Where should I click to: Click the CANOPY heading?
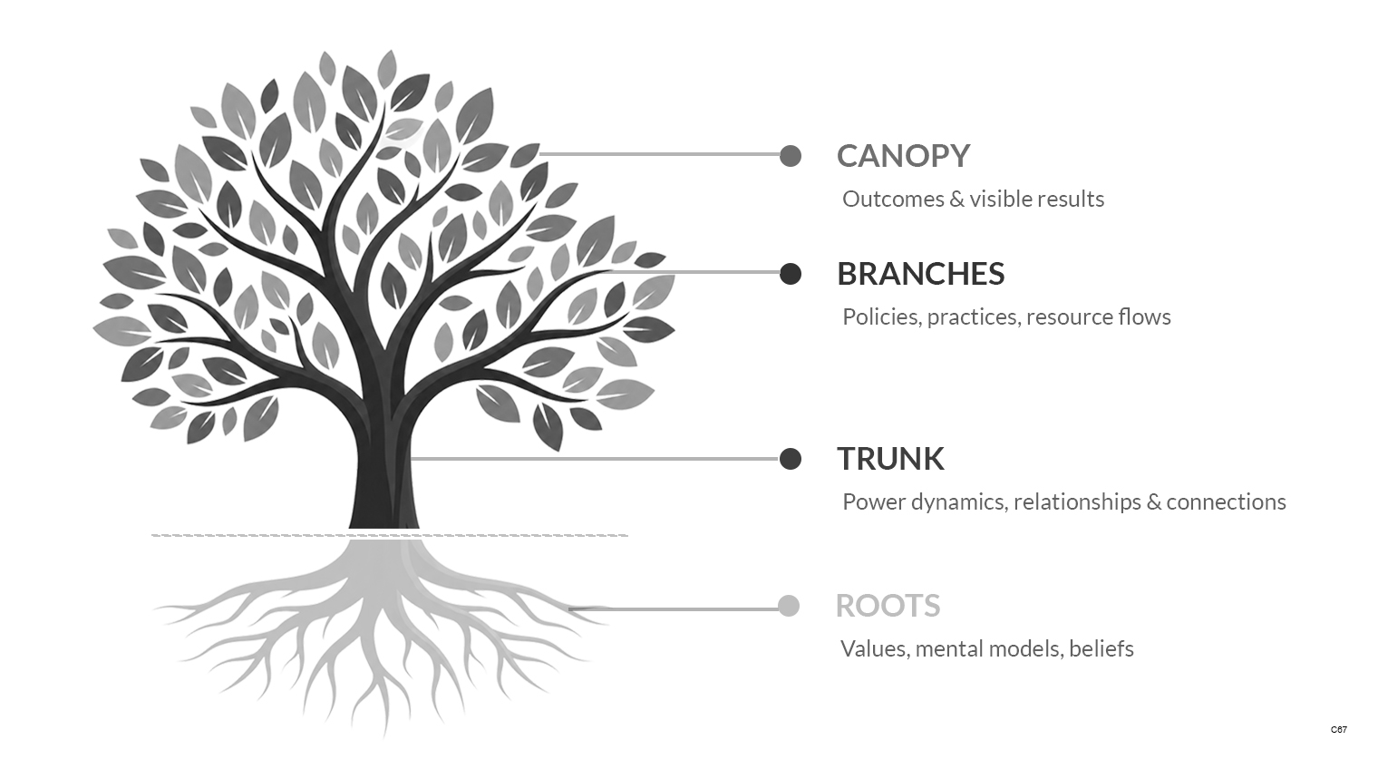coord(903,156)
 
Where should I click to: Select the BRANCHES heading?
coord(920,274)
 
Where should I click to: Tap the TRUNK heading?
coord(890,459)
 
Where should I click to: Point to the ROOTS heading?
coord(888,606)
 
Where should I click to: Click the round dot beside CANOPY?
coord(791,156)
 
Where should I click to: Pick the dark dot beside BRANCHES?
coord(791,274)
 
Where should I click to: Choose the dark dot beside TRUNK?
coord(791,459)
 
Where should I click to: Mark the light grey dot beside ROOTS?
coord(789,606)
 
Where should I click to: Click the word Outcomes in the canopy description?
coord(893,200)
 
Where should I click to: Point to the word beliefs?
coord(1101,649)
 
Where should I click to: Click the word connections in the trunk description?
coord(1226,502)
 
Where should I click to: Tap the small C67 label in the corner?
coord(1339,730)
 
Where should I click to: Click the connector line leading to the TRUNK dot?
coord(595,459)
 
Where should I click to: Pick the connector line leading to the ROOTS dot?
coord(674,609)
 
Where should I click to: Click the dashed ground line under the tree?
coord(390,535)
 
